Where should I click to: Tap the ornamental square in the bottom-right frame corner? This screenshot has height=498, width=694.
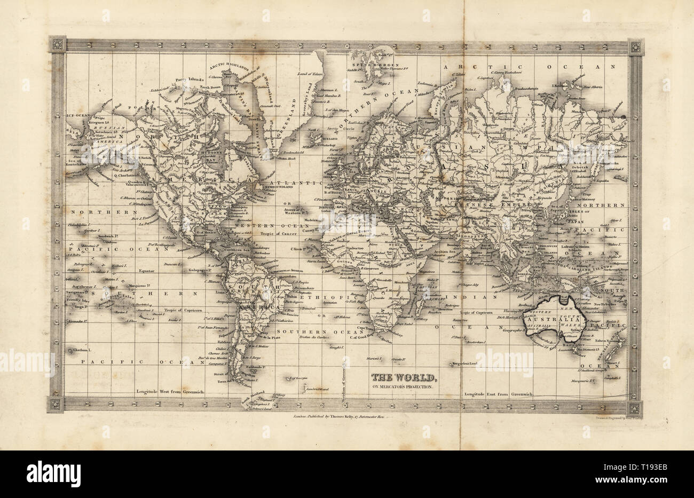(x=635, y=409)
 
